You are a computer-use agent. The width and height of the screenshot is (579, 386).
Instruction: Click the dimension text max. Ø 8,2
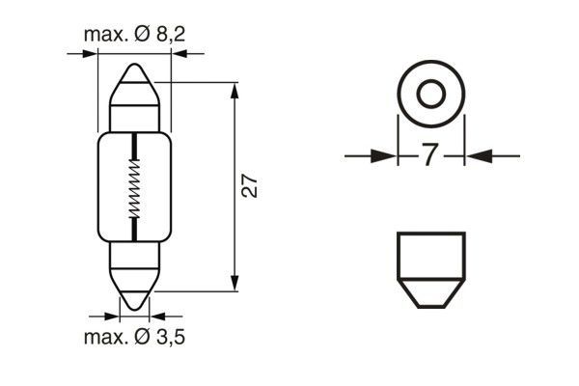134,37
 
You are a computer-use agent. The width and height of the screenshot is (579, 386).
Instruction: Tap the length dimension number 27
248,186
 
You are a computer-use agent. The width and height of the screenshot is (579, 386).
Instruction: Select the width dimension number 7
430,154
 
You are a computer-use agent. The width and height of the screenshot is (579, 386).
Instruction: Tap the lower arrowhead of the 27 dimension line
235,282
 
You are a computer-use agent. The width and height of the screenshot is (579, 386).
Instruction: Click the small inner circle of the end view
430,95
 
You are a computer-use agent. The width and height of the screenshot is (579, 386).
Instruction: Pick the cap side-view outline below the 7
430,270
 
